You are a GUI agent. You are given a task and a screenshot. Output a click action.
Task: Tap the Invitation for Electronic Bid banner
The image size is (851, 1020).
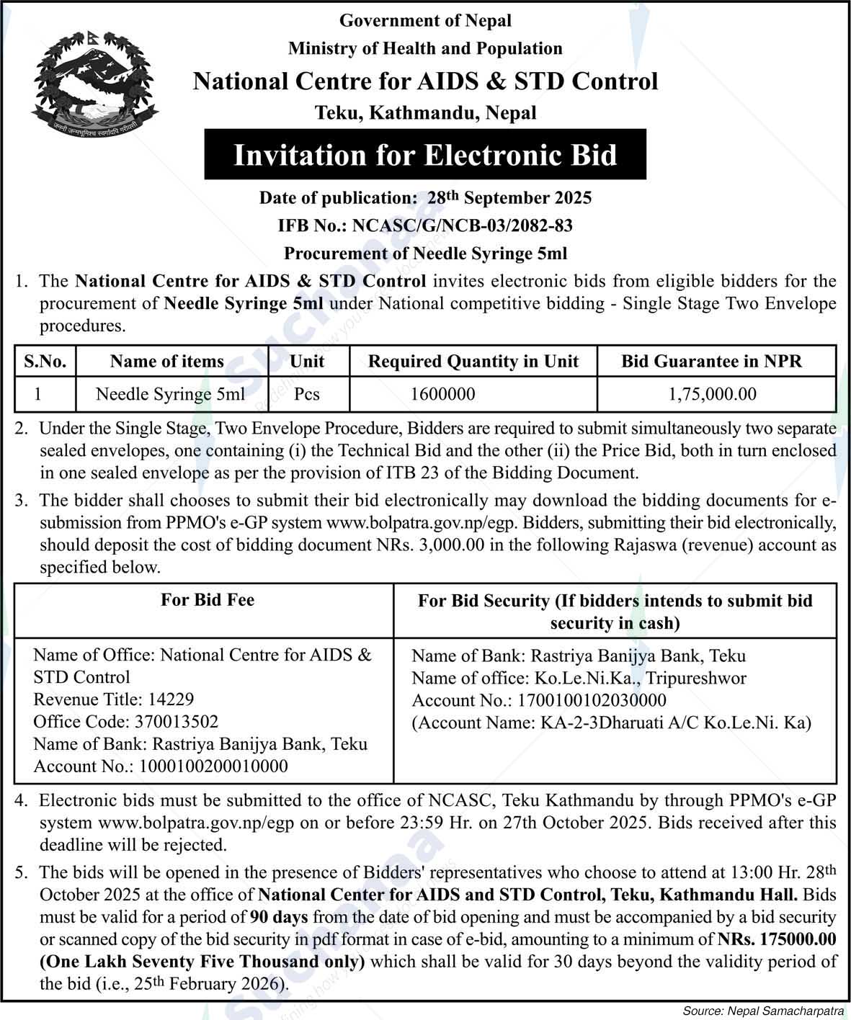425,155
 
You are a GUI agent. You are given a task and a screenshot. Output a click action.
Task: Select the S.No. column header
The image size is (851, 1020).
45,362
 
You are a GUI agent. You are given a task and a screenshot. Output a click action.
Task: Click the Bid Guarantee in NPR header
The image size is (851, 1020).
711,362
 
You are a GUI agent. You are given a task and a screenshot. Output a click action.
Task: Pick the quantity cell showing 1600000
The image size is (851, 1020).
442,394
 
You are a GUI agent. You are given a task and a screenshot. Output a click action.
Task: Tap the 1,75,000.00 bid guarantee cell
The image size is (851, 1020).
713,394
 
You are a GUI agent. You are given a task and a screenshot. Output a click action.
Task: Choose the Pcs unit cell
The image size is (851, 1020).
307,394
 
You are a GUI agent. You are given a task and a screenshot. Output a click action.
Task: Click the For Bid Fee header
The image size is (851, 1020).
208,600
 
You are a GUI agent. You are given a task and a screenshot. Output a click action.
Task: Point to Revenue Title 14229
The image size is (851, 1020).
113,699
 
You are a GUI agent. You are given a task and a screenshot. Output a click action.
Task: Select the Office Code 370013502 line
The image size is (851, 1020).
125,722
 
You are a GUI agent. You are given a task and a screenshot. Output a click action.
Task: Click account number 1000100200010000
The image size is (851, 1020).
160,766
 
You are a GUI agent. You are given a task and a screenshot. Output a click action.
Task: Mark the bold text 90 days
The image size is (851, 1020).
279,918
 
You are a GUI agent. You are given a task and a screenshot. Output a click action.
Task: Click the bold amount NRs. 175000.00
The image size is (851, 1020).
777,939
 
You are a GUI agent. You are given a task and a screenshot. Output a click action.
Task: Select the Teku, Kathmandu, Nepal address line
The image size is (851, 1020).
425,113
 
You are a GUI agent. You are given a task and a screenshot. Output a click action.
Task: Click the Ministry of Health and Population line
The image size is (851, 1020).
425,49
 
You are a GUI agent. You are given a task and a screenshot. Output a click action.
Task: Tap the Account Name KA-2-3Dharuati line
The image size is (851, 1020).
611,722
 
